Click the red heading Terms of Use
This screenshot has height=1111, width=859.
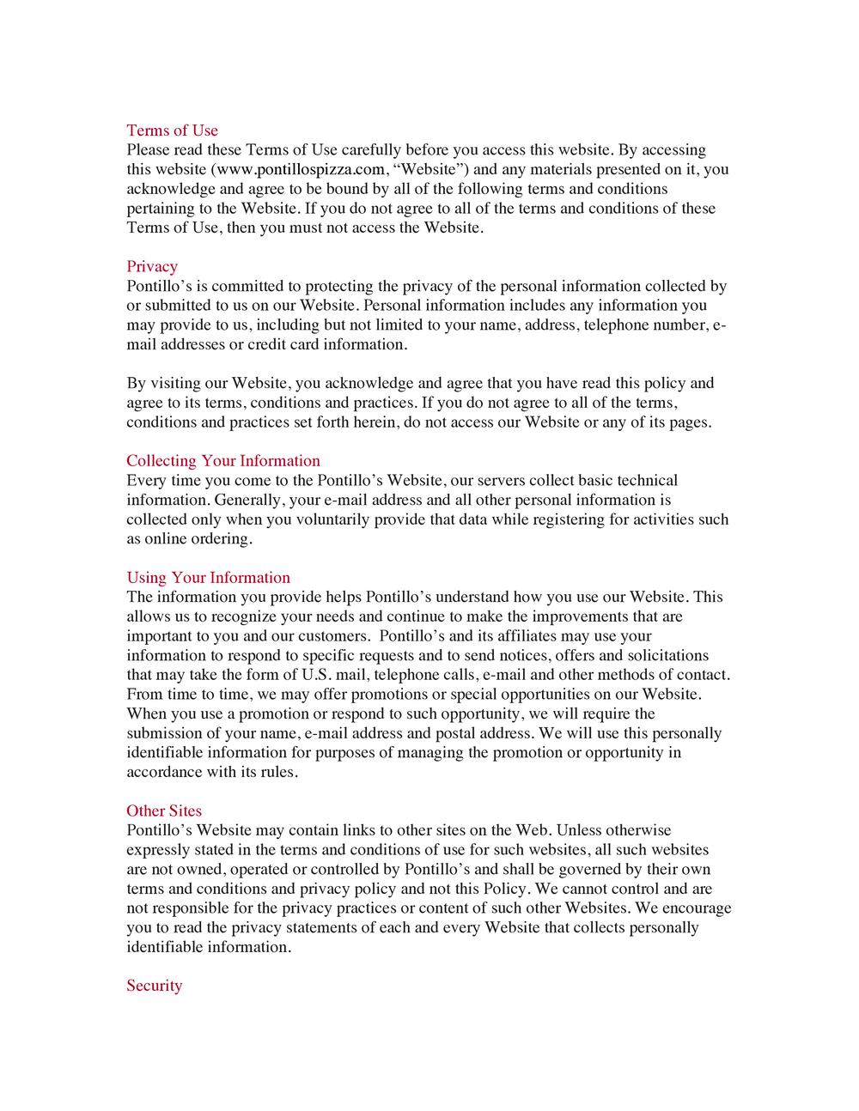click(x=172, y=131)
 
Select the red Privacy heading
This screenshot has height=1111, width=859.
click(x=152, y=266)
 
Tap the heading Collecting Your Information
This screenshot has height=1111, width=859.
click(x=223, y=461)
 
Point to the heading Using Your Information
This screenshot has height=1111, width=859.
click(x=208, y=578)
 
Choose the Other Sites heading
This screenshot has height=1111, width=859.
click(x=164, y=810)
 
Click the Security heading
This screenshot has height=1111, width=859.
click(x=155, y=986)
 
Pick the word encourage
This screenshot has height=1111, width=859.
click(x=694, y=908)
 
